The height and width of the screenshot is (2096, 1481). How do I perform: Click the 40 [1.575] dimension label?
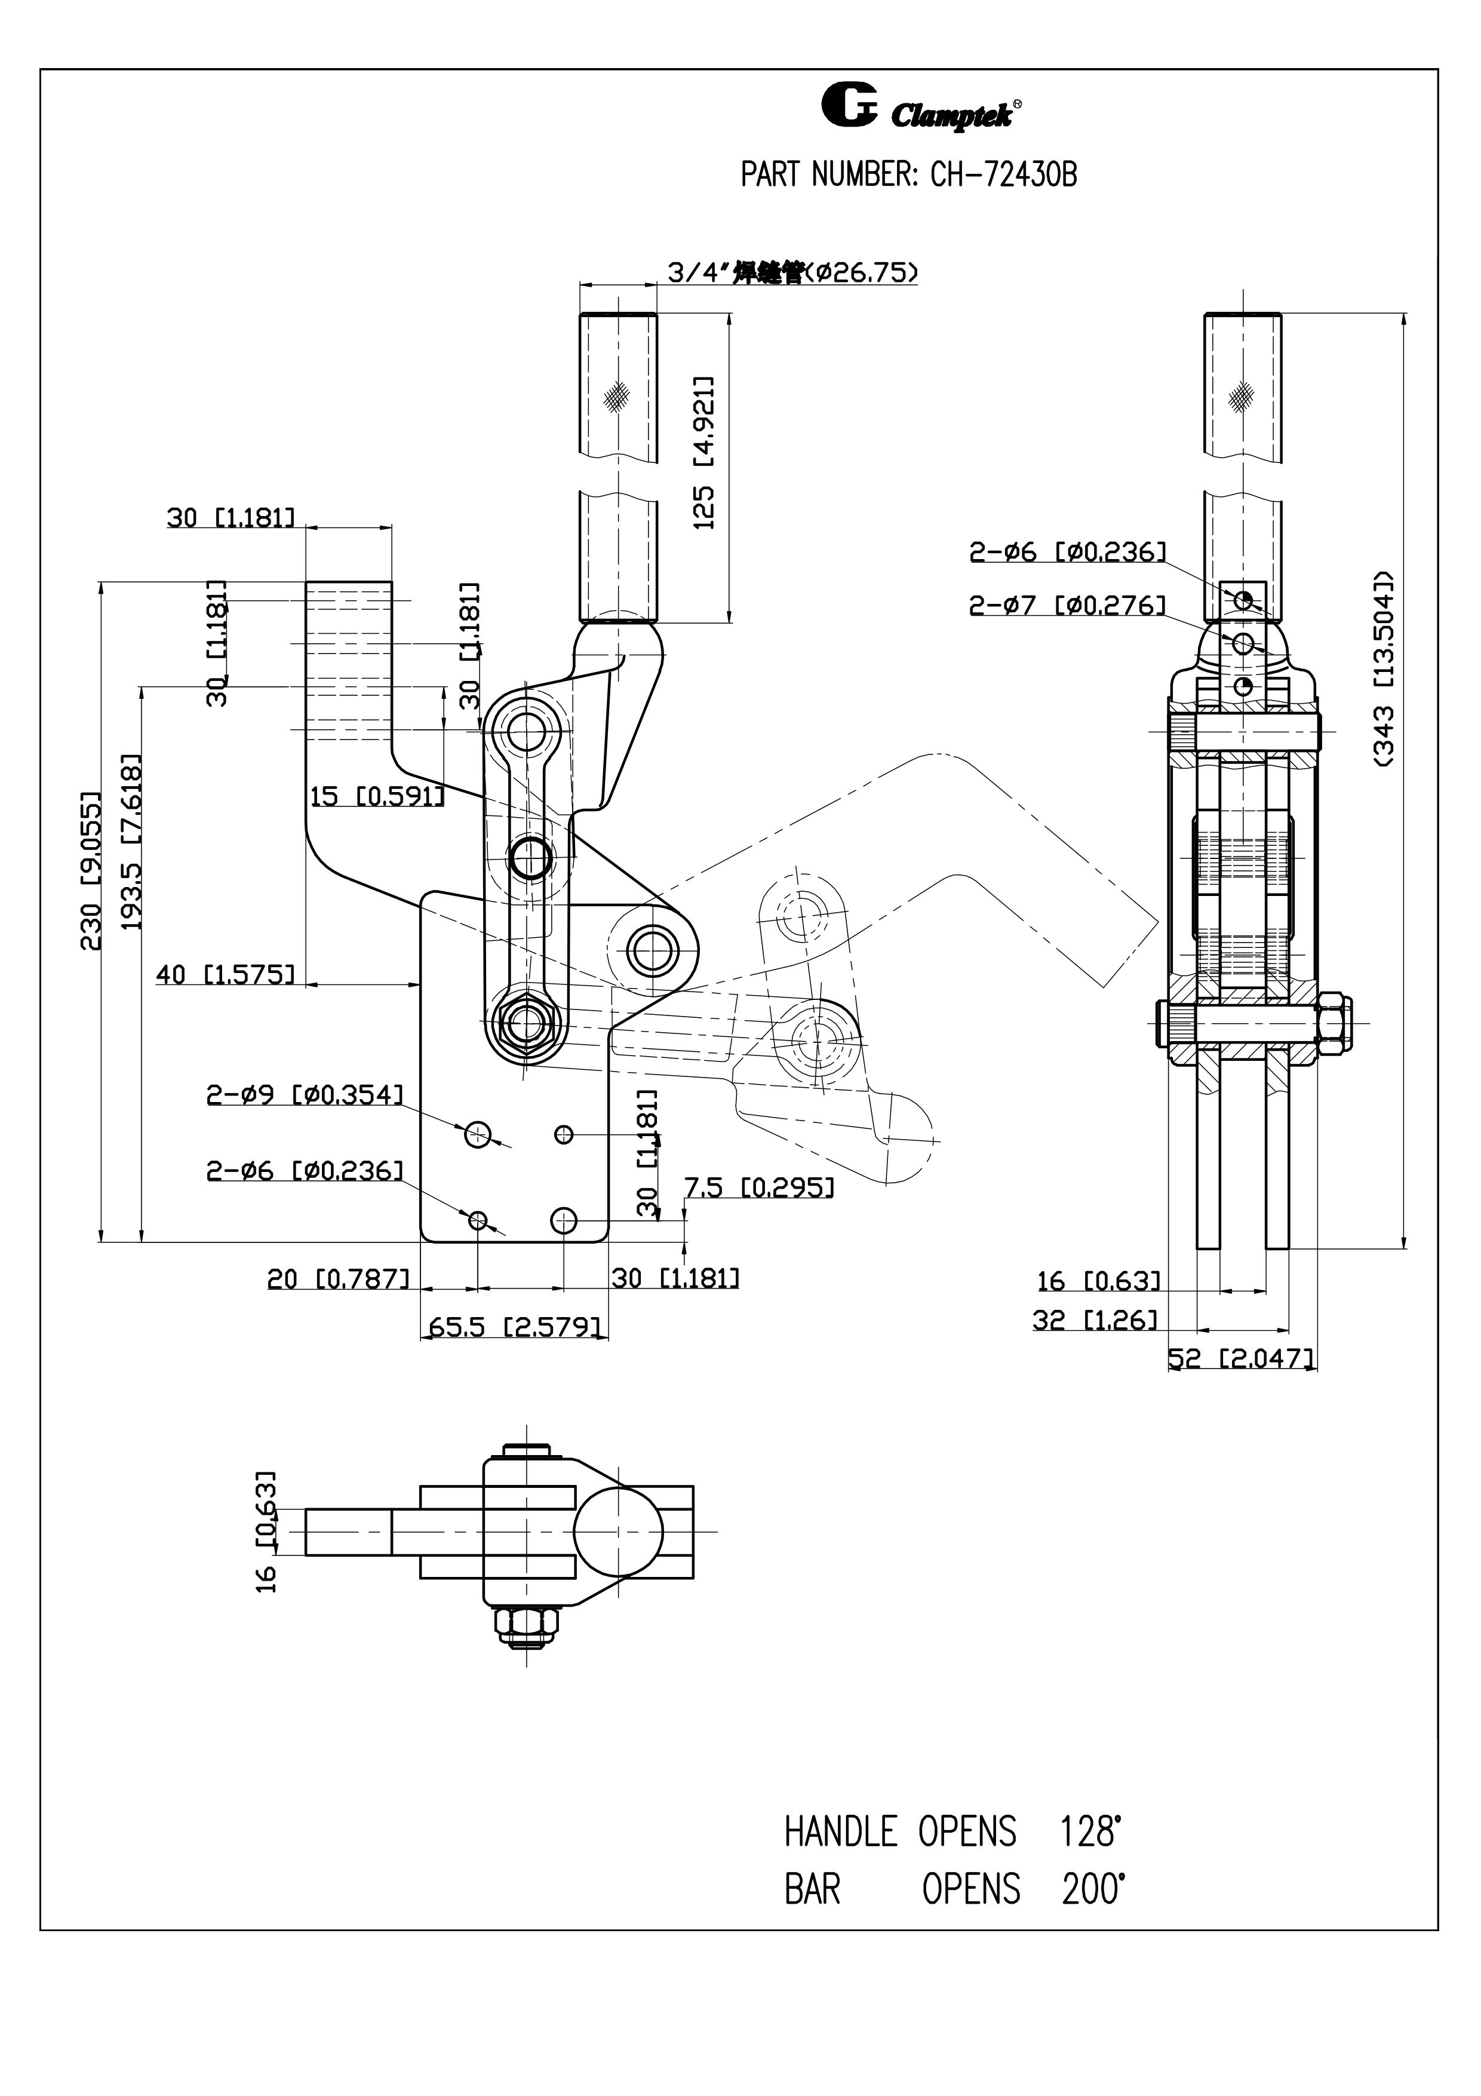225,974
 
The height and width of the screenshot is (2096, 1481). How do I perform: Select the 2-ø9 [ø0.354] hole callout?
304,1094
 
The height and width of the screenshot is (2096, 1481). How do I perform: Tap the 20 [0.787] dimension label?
337,1279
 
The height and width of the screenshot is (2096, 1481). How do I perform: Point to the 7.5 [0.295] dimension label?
759,1187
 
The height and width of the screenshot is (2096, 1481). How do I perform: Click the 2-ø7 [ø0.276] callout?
1067,605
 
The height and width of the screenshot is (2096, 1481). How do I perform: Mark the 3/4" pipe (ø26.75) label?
792,272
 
